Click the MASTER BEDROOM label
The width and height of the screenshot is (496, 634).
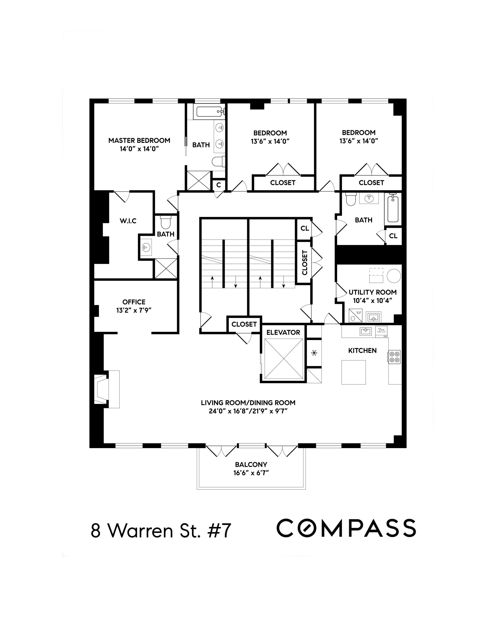(x=139, y=141)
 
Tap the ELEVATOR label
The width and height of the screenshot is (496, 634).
(x=283, y=332)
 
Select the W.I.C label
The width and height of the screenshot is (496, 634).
(x=128, y=221)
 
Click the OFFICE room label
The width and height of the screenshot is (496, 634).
(x=134, y=302)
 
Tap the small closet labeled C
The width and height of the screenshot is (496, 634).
(x=219, y=185)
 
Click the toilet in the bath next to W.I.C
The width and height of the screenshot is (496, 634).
(x=166, y=223)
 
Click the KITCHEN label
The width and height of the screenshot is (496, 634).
(x=362, y=351)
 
